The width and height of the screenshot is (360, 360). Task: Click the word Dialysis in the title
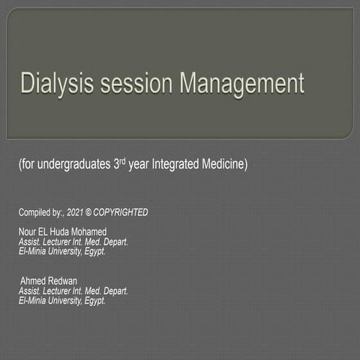49,82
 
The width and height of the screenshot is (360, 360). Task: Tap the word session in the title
128,82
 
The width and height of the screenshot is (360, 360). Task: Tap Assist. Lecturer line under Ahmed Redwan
73,291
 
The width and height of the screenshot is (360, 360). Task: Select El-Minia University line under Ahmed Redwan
61,300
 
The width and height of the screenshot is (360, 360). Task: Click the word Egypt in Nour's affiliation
94,252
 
